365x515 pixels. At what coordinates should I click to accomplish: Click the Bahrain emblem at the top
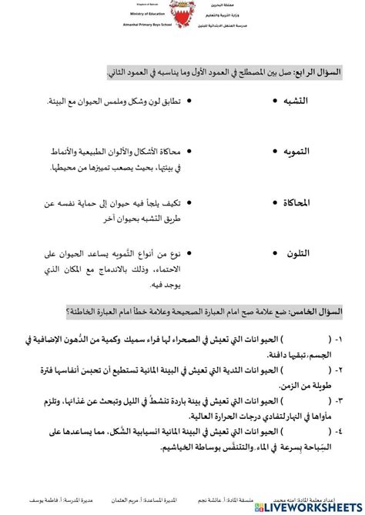click(x=182, y=15)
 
